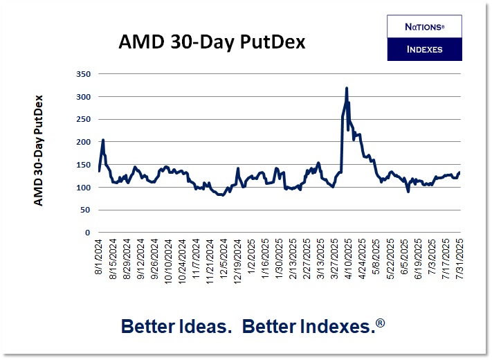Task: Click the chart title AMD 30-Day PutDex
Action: pos(212,43)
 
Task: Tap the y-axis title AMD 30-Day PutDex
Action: pos(39,150)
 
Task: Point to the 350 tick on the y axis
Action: pos(82,73)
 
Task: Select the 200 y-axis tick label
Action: pos(82,142)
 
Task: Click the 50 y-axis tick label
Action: pos(85,210)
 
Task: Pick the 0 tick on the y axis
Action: pos(88,233)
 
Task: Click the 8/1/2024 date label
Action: pos(100,258)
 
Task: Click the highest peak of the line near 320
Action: pos(346,88)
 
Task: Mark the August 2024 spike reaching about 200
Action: pos(103,140)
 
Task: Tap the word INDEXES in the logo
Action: pos(424,49)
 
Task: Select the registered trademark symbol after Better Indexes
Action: pos(381,322)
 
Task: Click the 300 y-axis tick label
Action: pos(82,96)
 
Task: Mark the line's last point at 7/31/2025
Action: pos(459,172)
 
